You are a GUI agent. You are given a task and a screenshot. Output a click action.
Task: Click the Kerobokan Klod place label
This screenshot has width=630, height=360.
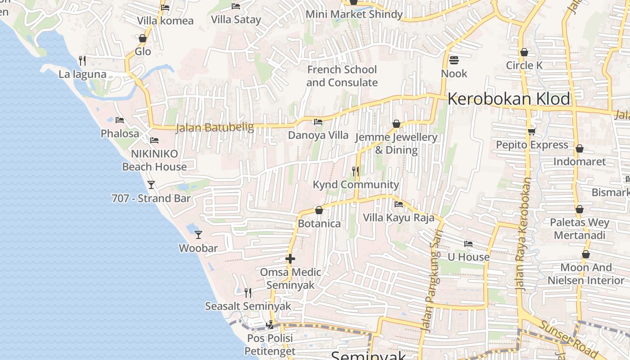[x=508, y=99]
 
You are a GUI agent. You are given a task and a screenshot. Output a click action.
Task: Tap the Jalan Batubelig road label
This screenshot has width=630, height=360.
[x=215, y=127]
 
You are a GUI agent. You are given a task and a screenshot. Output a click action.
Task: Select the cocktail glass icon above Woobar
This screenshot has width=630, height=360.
[x=198, y=234]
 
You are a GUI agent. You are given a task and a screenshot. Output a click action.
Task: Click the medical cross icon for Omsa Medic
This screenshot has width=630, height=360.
[x=290, y=259]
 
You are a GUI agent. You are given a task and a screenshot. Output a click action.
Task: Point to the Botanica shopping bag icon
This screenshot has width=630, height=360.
[x=319, y=210]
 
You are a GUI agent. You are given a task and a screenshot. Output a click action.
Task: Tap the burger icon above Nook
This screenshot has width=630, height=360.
[x=454, y=60]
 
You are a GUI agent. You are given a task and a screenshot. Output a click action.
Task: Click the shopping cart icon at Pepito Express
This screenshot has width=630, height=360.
[x=531, y=131]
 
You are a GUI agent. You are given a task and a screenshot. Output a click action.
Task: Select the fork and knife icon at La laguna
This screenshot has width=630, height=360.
[x=82, y=61]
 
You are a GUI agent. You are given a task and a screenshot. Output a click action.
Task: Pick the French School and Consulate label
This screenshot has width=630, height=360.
[x=342, y=76]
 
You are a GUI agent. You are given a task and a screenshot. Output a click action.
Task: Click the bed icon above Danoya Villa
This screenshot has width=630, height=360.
[x=318, y=122]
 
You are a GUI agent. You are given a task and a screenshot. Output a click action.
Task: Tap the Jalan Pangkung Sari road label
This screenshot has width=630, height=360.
[x=433, y=281]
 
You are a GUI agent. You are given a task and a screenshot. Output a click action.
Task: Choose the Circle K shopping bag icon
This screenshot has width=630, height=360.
[x=524, y=52]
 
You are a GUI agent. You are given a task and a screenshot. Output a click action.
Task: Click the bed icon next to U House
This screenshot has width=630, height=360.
[x=468, y=244]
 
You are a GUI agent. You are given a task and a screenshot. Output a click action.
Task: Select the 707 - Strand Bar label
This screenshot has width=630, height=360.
[x=151, y=198]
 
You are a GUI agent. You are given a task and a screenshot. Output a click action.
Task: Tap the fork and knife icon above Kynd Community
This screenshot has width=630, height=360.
[x=355, y=171]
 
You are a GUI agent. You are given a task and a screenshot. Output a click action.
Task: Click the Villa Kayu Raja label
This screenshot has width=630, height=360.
[x=399, y=218]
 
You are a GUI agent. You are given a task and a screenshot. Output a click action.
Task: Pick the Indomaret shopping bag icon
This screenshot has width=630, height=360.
[x=580, y=148]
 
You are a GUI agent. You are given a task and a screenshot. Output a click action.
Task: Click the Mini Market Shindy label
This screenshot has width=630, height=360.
[x=354, y=14]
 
